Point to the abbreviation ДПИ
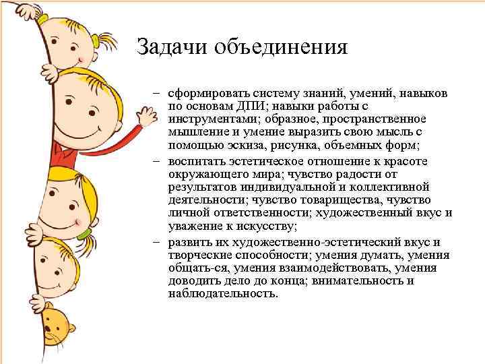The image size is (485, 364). [249, 105]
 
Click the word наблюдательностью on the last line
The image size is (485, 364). [222, 294]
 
